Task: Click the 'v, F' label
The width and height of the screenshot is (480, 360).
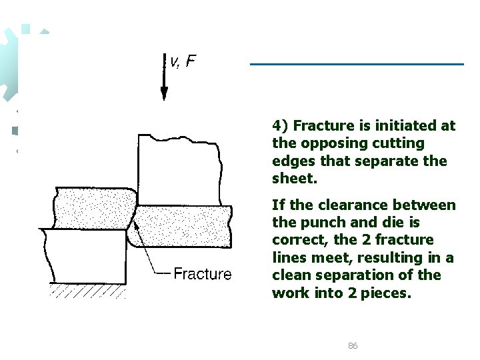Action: pyautogui.click(x=183, y=62)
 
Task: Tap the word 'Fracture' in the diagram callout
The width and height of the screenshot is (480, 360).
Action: pyautogui.click(x=202, y=273)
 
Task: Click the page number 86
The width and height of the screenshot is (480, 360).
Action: pyautogui.click(x=353, y=345)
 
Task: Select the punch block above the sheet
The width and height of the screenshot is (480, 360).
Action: pyautogui.click(x=178, y=170)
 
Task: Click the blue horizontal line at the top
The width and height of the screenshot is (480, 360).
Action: pyautogui.click(x=357, y=64)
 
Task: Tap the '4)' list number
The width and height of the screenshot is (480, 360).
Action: pyautogui.click(x=280, y=125)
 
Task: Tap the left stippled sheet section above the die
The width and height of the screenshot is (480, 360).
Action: pyautogui.click(x=93, y=207)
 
